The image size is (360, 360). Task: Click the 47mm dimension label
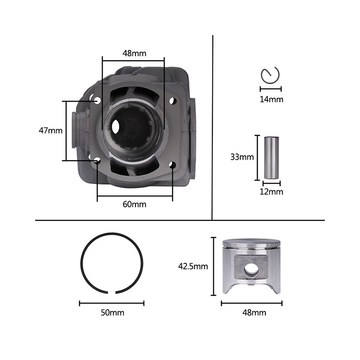50,130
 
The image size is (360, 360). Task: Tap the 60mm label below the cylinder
134,204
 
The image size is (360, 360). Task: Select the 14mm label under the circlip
271,99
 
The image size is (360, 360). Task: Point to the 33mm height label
242,157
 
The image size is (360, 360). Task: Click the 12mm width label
271,192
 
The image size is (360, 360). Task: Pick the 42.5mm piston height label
193,266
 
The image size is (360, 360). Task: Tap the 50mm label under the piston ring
112,313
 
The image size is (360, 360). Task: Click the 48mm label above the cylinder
134,53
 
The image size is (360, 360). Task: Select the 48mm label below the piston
254,313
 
